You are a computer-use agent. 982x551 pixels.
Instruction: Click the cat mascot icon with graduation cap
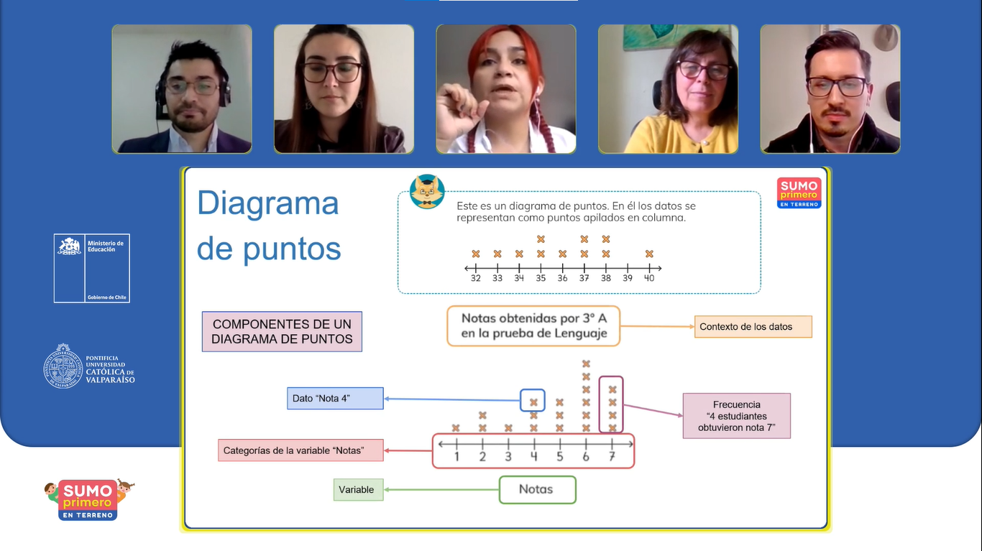click(x=427, y=192)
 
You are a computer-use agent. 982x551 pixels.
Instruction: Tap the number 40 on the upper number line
click(x=649, y=278)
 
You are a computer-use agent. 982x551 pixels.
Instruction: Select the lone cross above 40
click(x=649, y=254)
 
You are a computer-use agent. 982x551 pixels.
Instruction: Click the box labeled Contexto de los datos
click(x=753, y=327)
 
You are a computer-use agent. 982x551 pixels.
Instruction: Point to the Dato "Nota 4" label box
click(x=335, y=398)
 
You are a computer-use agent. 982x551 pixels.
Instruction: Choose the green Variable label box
click(x=358, y=490)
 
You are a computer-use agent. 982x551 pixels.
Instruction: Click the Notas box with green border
click(x=537, y=490)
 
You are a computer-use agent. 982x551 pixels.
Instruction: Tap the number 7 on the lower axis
click(x=612, y=457)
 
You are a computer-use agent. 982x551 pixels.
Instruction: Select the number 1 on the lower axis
click(x=456, y=457)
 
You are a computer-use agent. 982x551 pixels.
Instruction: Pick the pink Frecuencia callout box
click(x=736, y=416)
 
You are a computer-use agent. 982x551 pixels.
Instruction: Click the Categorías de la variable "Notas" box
click(x=300, y=451)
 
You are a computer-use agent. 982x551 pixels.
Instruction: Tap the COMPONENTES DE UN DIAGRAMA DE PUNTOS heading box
click(x=282, y=332)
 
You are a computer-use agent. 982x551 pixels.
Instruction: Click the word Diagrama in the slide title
click(x=267, y=203)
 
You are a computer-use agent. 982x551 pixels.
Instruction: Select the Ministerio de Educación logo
click(x=92, y=268)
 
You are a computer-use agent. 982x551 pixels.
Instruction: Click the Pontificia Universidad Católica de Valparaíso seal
click(x=63, y=366)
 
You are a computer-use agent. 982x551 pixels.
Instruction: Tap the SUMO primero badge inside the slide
click(x=799, y=193)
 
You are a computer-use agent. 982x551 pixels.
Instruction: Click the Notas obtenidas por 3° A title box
click(x=533, y=326)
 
